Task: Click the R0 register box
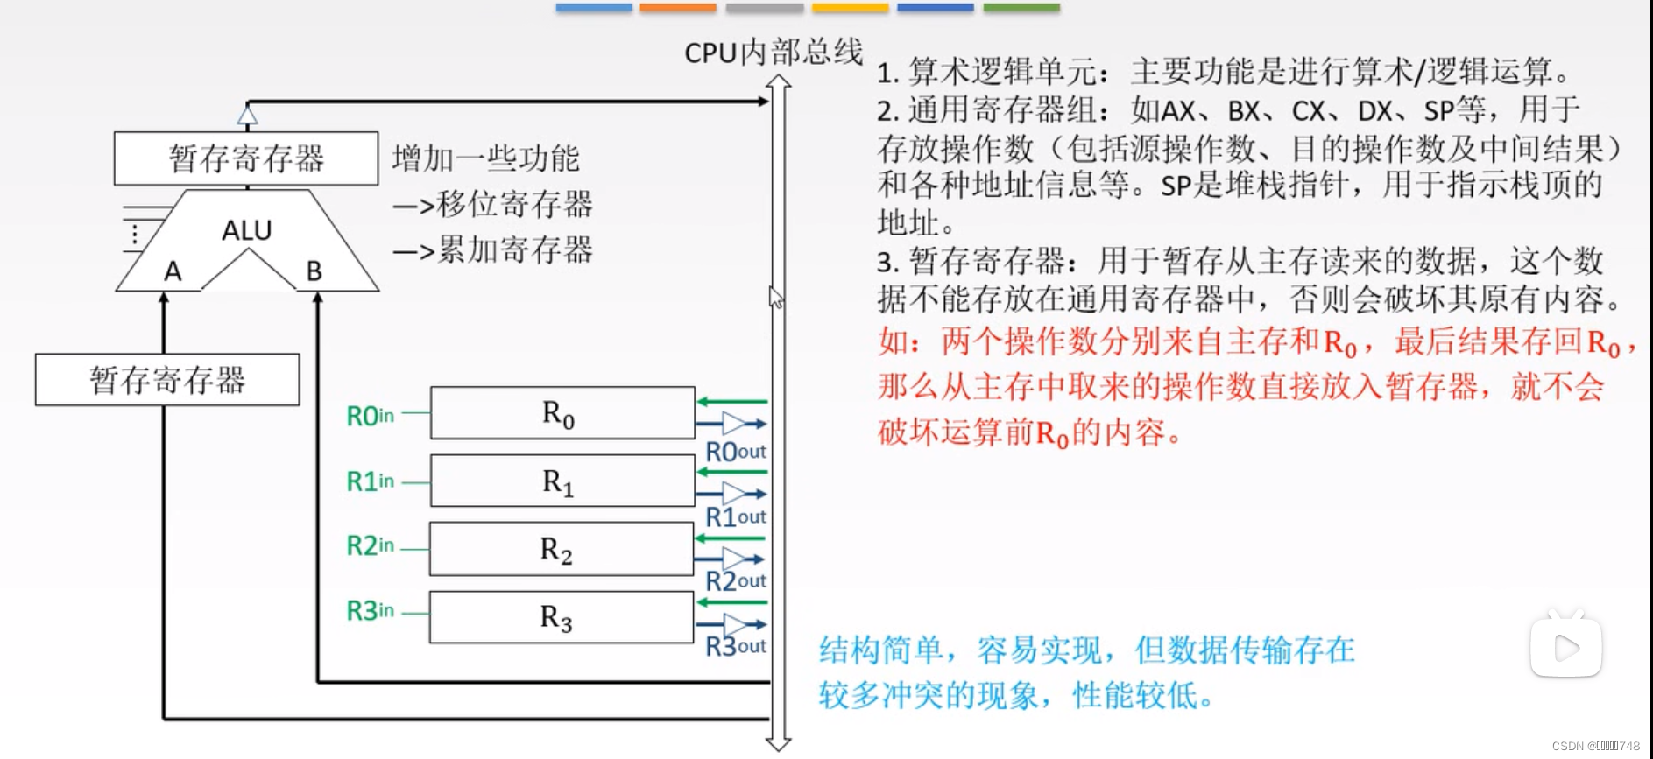(562, 413)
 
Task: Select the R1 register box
(562, 481)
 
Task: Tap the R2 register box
(561, 549)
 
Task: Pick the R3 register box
(561, 617)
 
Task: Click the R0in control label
(370, 416)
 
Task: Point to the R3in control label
(370, 610)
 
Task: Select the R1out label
(736, 517)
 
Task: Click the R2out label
(736, 581)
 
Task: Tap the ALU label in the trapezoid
(246, 230)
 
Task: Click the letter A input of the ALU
(173, 271)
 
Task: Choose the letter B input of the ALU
(314, 271)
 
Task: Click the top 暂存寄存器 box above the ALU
(246, 158)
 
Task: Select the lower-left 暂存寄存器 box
(167, 380)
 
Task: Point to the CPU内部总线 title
(774, 53)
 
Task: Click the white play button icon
(1565, 647)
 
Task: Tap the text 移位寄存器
(514, 204)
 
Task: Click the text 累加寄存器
(514, 250)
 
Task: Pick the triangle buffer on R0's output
(732, 425)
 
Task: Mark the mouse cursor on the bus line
(775, 297)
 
